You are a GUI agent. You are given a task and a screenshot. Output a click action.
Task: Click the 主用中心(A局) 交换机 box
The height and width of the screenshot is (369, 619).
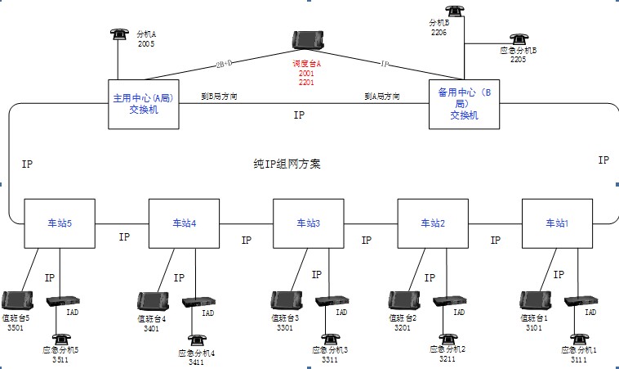[x=145, y=104]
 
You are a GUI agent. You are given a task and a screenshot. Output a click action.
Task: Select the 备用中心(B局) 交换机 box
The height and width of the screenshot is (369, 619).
[x=464, y=104]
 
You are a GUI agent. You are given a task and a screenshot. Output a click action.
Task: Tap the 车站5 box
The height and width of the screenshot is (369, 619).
[x=60, y=223]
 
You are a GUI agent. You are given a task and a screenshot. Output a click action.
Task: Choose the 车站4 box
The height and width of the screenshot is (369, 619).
[x=184, y=223]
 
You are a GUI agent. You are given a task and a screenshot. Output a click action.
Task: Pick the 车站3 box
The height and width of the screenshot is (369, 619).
[x=308, y=223]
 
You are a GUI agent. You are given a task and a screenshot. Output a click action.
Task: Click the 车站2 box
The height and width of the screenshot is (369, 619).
[x=432, y=223]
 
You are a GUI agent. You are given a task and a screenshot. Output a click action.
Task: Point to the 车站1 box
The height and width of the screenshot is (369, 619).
[x=557, y=223]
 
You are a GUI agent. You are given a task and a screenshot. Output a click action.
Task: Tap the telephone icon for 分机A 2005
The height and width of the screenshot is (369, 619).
[x=119, y=34]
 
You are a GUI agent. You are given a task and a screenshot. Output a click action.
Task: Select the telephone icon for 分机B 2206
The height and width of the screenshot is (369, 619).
[x=454, y=11]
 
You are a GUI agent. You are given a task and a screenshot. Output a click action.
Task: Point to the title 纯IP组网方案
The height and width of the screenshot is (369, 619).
[x=287, y=164]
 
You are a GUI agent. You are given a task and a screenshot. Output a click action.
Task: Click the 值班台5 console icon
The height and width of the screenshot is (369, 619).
[x=16, y=301]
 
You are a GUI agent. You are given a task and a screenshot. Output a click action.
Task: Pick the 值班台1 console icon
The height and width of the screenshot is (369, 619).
[x=536, y=300]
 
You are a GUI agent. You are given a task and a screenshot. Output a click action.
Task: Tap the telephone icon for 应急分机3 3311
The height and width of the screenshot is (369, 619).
[x=329, y=338]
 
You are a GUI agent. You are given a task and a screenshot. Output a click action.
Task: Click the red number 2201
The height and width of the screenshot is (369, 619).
[x=307, y=83]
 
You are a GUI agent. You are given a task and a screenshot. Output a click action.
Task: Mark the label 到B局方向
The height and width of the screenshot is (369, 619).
[x=220, y=96]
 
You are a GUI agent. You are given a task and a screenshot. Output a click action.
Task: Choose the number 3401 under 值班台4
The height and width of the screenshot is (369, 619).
[x=152, y=328]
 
